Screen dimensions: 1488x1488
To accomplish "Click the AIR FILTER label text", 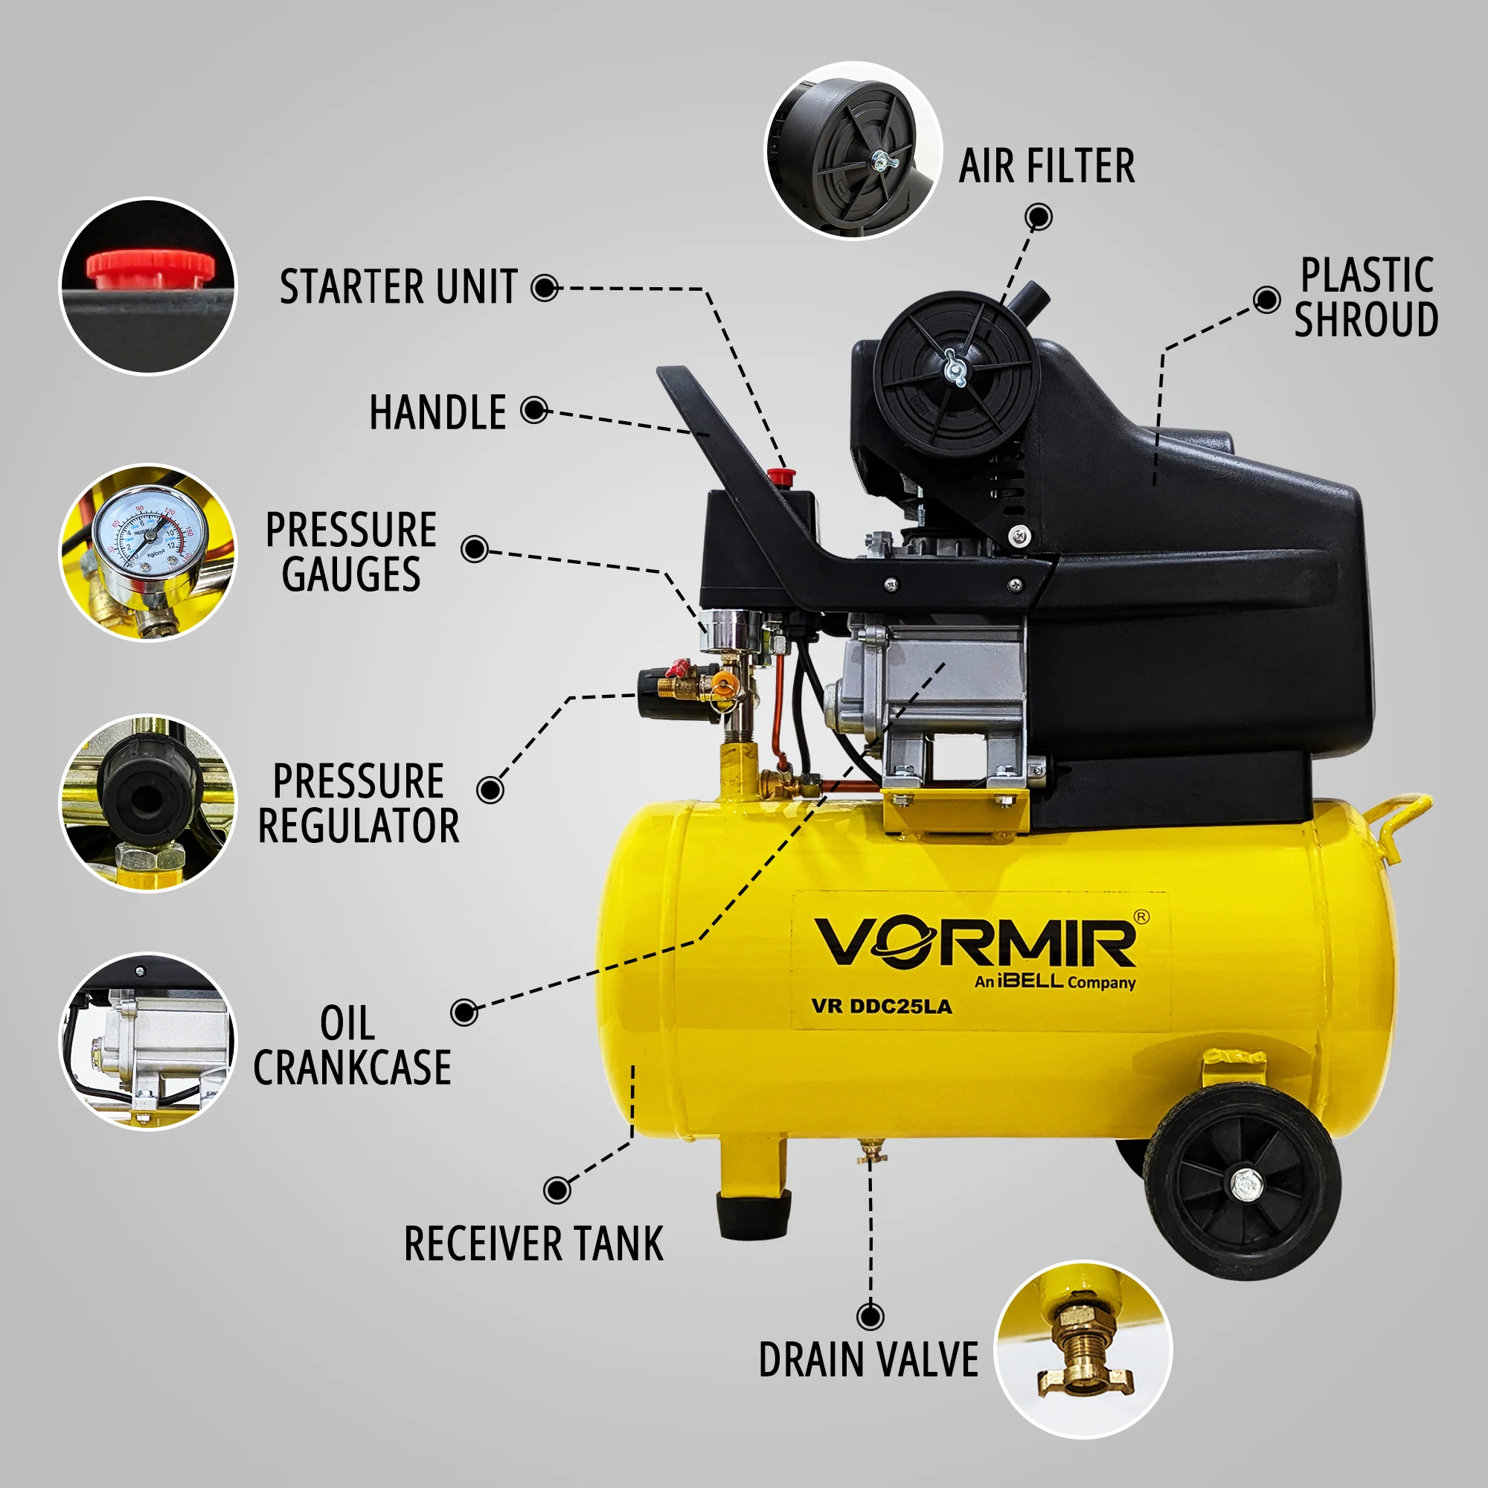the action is [1047, 167].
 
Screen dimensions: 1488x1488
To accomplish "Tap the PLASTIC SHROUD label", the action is [1365, 298].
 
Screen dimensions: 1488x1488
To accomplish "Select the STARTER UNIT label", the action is [398, 287].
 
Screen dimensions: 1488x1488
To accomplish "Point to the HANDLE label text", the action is [437, 413].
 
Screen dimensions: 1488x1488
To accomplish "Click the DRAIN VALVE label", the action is [868, 1359].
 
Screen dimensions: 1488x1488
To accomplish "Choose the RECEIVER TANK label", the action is [533, 1244].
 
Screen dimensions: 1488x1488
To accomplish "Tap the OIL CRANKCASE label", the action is [352, 1046].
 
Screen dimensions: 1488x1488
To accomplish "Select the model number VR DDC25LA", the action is [881, 1007].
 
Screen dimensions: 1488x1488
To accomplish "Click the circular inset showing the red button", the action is [149, 286].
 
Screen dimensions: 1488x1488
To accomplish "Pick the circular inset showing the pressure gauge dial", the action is [149, 552].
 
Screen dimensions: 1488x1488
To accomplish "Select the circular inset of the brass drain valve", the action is [1084, 1349].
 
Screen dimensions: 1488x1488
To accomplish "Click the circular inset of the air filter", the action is [853, 150].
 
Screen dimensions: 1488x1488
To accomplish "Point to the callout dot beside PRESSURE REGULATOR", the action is [490, 789].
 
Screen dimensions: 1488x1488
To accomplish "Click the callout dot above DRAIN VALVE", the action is [870, 1316].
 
